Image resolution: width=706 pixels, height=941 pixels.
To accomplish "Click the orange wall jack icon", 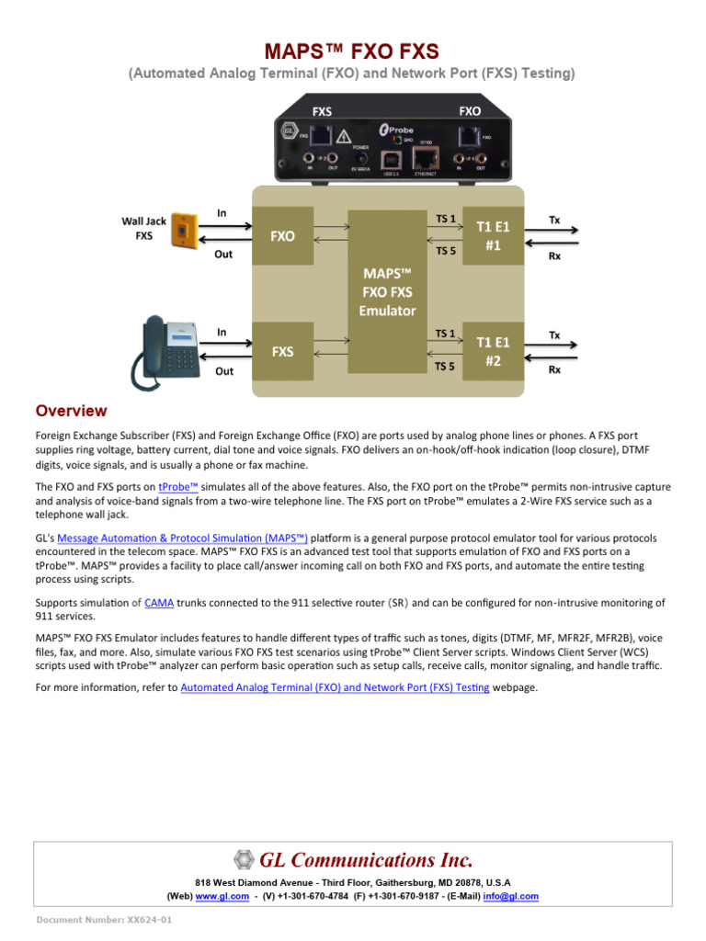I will tap(187, 227).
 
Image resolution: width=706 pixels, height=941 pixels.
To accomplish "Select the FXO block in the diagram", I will tap(282, 236).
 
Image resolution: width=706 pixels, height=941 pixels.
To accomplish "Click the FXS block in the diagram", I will tap(282, 351).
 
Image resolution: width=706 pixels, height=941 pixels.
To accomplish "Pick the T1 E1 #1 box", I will tap(493, 236).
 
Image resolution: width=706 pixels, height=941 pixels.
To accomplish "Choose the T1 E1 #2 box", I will tap(493, 351).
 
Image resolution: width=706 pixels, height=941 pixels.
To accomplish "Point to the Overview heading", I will tap(71, 411).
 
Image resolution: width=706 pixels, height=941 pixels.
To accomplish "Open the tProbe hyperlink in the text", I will tap(178, 487).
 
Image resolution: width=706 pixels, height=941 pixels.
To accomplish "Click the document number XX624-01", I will tap(104, 920).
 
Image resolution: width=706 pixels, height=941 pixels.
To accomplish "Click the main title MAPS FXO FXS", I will tap(352, 51).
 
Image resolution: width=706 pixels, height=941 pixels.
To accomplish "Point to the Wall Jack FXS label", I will tap(144, 228).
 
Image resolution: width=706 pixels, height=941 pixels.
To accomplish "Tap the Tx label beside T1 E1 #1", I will tap(554, 220).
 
